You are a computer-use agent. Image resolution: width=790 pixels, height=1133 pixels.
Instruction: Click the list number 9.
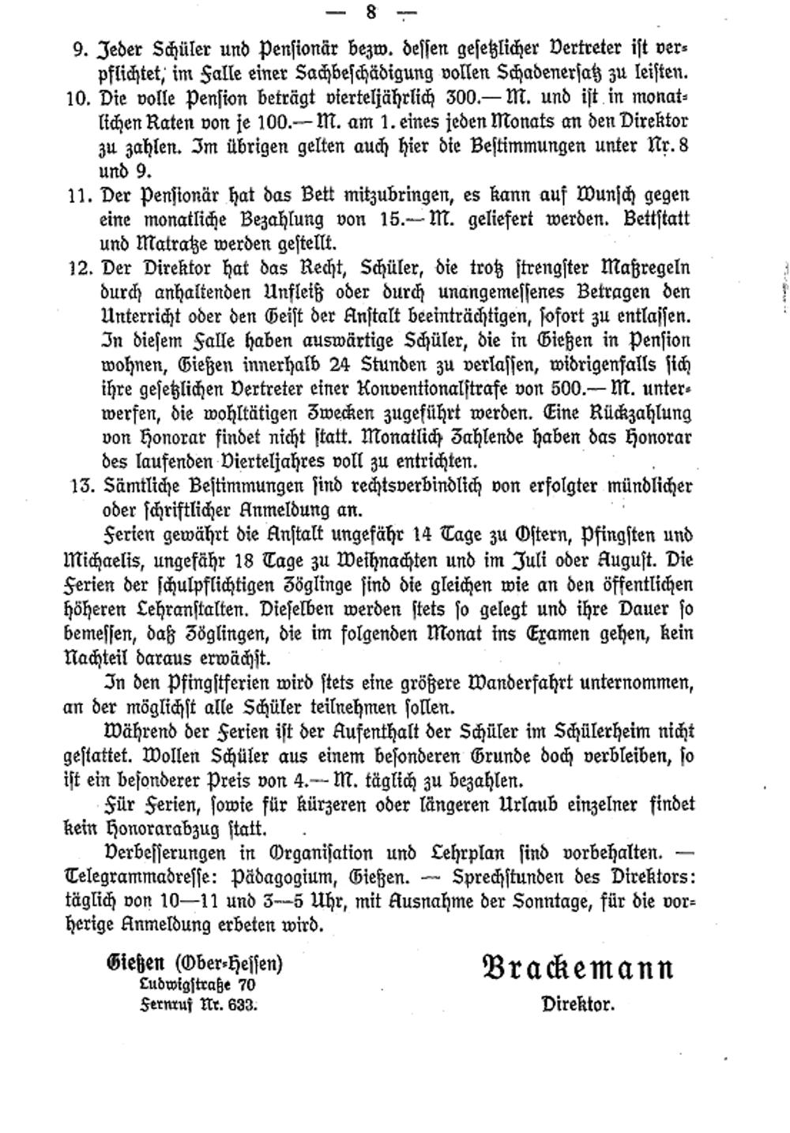(79, 49)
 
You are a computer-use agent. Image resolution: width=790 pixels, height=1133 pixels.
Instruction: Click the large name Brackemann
(577, 968)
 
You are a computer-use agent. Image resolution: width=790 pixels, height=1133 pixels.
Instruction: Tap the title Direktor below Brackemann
(577, 1004)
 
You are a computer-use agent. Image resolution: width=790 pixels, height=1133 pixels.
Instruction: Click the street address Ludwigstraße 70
(197, 985)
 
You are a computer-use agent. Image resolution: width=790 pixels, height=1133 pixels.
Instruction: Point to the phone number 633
(243, 1005)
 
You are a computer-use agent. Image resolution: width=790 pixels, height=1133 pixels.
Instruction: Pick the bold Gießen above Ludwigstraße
(136, 963)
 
